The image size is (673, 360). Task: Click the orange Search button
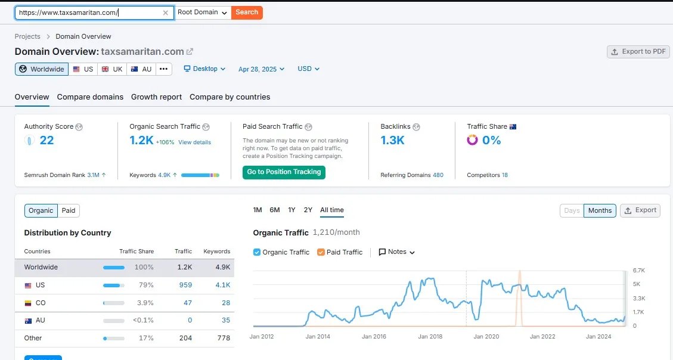247,13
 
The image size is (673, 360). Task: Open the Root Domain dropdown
203,13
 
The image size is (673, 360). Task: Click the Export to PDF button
638,52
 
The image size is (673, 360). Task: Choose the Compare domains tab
90,97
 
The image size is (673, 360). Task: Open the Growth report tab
156,97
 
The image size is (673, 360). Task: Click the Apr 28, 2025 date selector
261,69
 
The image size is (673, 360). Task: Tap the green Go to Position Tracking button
284,172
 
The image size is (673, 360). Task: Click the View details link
194,142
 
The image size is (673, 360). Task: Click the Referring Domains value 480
438,175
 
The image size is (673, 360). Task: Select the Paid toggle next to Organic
69,210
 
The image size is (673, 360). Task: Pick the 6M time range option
275,210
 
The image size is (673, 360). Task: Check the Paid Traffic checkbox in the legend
321,252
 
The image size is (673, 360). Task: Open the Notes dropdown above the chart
397,252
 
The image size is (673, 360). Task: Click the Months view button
600,210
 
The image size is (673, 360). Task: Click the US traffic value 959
185,285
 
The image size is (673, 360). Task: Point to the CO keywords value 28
226,303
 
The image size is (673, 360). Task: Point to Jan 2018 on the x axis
430,337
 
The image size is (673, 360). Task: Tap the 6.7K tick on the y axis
639,271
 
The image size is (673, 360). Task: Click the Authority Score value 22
46,141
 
